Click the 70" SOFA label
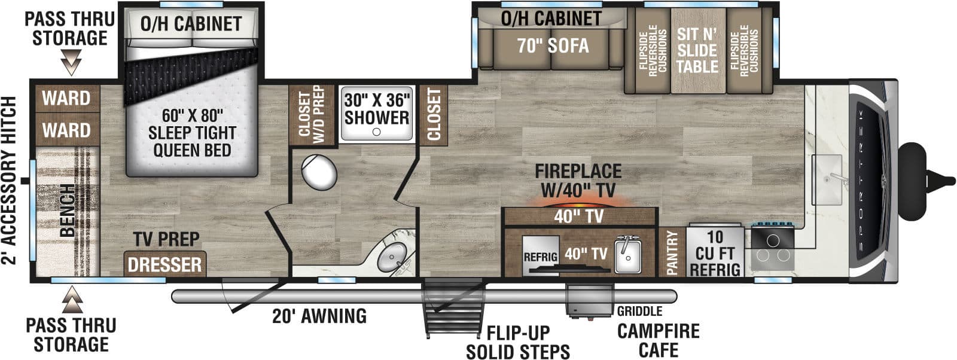click(x=553, y=46)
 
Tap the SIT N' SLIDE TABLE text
click(x=697, y=50)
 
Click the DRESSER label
click(x=165, y=264)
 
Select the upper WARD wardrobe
click(x=66, y=98)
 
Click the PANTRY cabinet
click(x=672, y=252)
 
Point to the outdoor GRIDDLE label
click(x=639, y=311)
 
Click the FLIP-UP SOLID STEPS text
click(x=517, y=342)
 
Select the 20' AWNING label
click(x=319, y=316)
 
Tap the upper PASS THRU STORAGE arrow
click(x=71, y=62)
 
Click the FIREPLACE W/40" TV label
click(x=578, y=179)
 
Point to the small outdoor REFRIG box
click(x=540, y=257)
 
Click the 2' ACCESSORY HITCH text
click(x=10, y=179)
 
